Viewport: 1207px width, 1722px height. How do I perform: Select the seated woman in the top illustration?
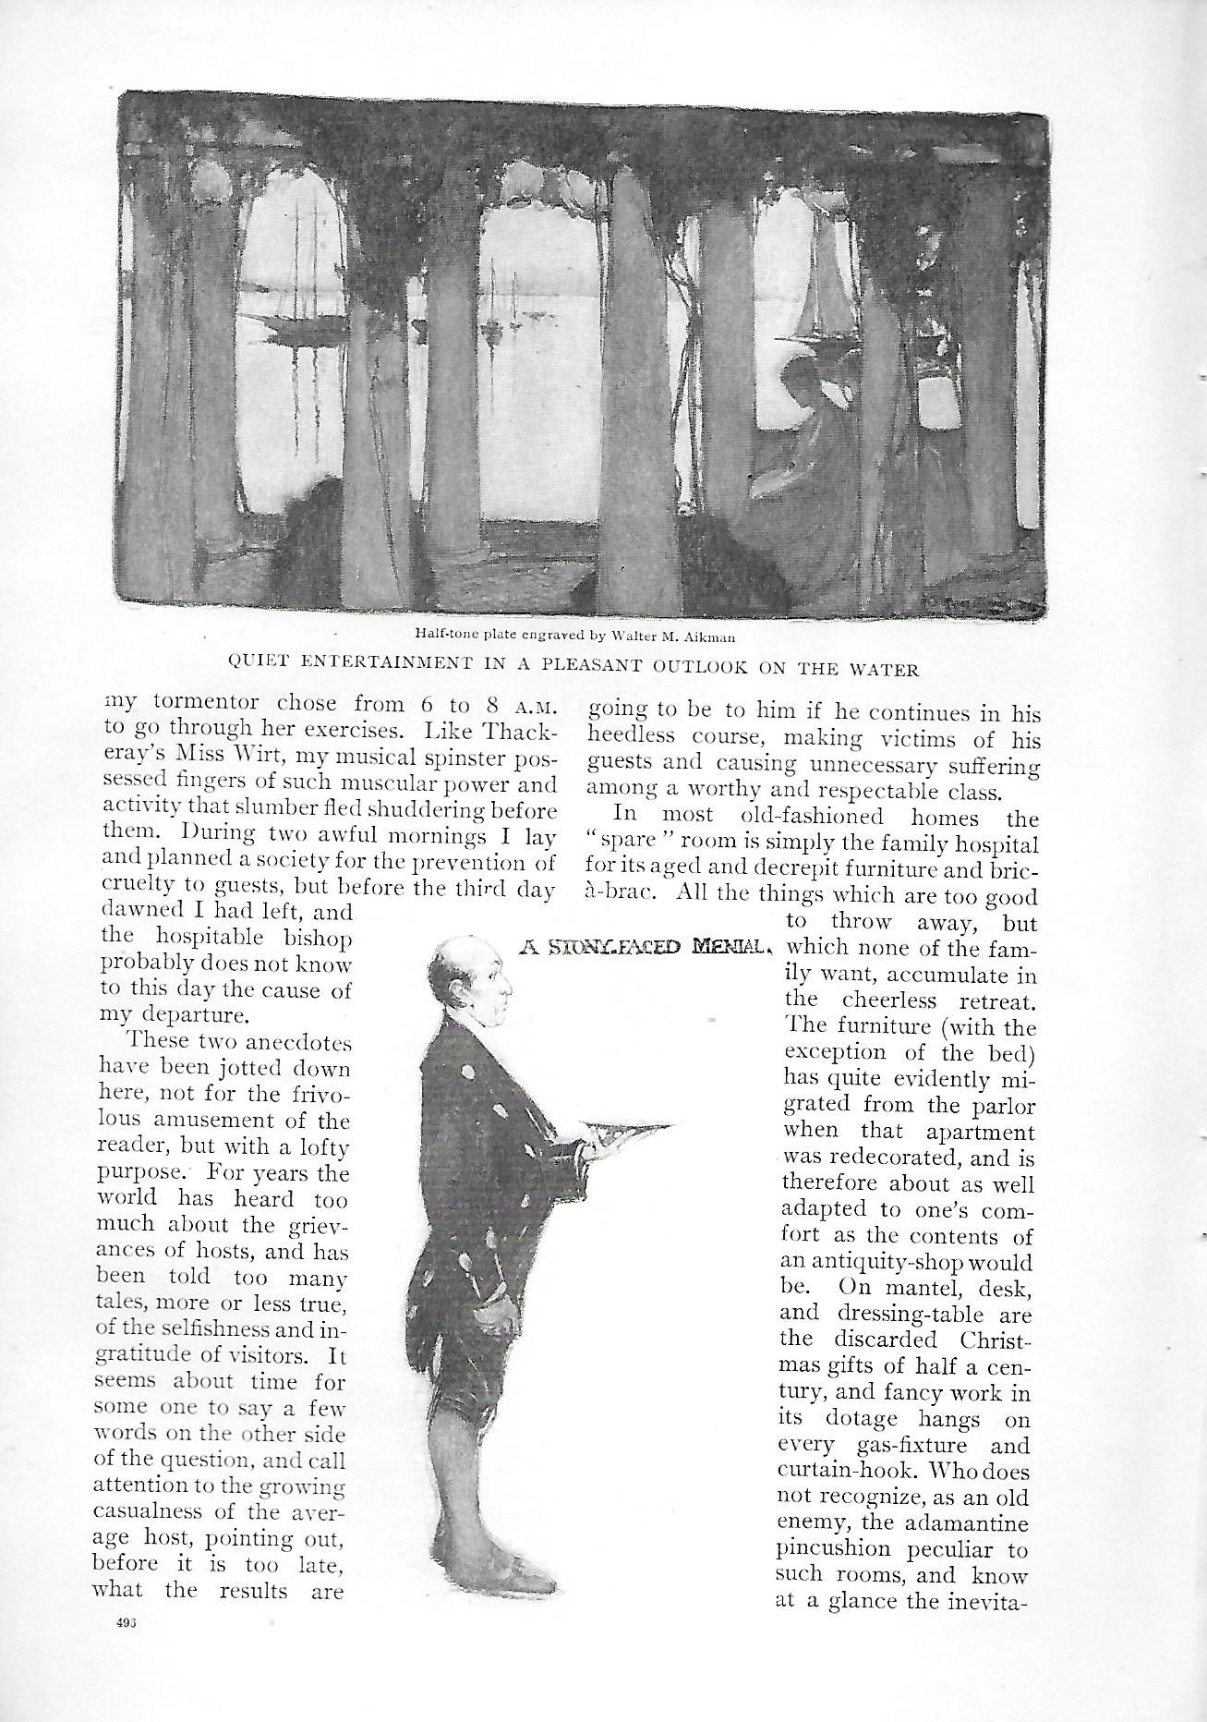(x=803, y=443)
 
